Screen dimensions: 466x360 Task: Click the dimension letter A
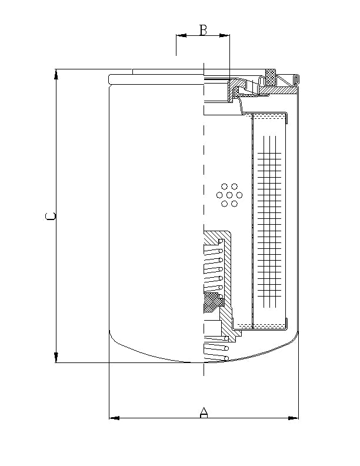click(204, 412)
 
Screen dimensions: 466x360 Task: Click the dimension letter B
click(203, 30)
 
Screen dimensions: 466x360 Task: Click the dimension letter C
click(51, 217)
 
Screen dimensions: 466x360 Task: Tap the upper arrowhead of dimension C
click(56, 74)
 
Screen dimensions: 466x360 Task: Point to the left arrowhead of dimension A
click(114, 418)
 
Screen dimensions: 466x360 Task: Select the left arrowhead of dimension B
click(181, 36)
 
